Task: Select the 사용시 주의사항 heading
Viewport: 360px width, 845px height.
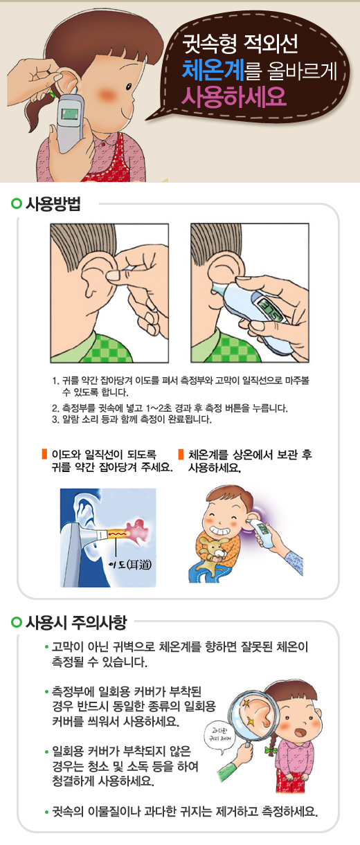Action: [x=76, y=622]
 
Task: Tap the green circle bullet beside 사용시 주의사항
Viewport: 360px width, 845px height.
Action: [x=17, y=622]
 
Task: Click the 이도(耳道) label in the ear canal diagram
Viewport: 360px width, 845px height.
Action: [x=132, y=563]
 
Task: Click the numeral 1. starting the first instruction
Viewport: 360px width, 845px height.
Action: [x=55, y=381]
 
